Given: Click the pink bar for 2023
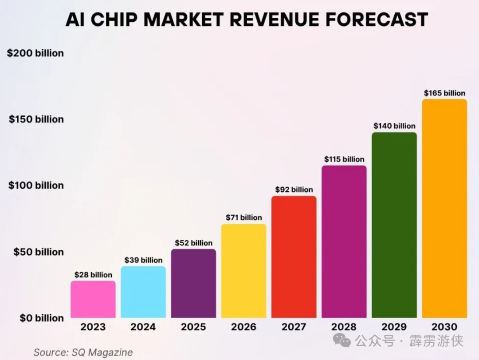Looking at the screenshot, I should [x=93, y=299].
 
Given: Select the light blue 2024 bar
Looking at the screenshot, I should [x=143, y=292].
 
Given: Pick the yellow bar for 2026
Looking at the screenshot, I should [x=243, y=271].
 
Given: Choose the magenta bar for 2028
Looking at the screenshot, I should [x=344, y=241].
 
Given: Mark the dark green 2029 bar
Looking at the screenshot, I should [x=394, y=225].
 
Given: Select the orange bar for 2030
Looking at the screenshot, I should [x=444, y=208].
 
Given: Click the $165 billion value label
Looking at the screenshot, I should [x=444, y=93].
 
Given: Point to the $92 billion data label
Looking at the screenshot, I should [x=294, y=190].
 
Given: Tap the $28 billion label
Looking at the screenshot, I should [x=93, y=275].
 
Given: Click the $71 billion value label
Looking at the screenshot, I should [x=243, y=218].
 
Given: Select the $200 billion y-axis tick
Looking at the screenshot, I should [x=35, y=53].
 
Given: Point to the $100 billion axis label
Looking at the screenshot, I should [x=36, y=186].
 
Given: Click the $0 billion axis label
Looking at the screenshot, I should [x=42, y=318].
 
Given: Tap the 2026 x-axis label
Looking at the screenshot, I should [x=243, y=327].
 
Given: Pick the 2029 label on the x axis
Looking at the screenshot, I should [x=394, y=327].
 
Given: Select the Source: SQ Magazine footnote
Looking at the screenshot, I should [x=83, y=352].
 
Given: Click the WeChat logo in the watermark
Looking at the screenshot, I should [x=342, y=341].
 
